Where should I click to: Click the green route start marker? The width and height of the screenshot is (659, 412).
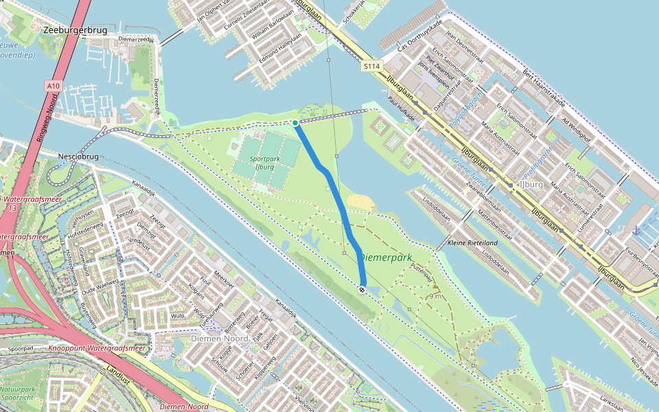click(x=295, y=123)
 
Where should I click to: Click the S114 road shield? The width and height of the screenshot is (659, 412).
click(x=371, y=66)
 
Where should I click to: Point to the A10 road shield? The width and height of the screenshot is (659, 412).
click(x=54, y=85)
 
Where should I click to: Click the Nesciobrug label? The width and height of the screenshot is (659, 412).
click(x=80, y=157)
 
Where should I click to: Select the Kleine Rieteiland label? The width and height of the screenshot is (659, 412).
click(x=472, y=243)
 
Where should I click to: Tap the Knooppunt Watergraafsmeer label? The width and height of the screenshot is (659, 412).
click(x=97, y=348)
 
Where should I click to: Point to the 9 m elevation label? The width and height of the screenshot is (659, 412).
click(x=435, y=296)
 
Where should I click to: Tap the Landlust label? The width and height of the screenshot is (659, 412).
click(x=119, y=376)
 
